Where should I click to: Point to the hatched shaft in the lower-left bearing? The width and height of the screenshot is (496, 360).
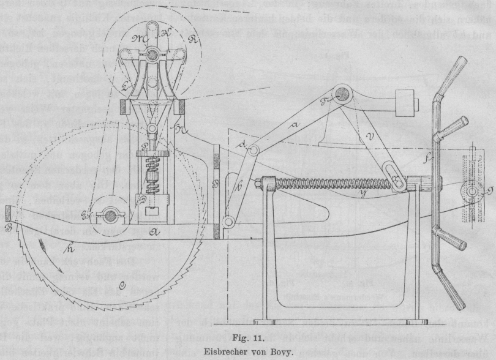coord(110,216)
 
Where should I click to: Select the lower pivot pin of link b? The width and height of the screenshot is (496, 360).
coord(228,223)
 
